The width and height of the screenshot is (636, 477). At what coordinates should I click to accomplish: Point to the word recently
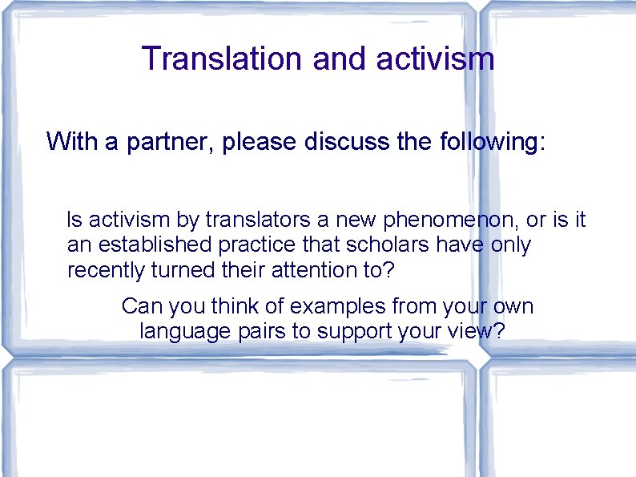pyautogui.click(x=106, y=270)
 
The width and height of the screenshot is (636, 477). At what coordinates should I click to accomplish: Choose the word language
pyautogui.click(x=181, y=331)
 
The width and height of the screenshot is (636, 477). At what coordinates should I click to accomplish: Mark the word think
pyautogui.click(x=238, y=306)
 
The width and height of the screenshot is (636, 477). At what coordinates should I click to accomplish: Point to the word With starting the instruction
pyautogui.click(x=70, y=143)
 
